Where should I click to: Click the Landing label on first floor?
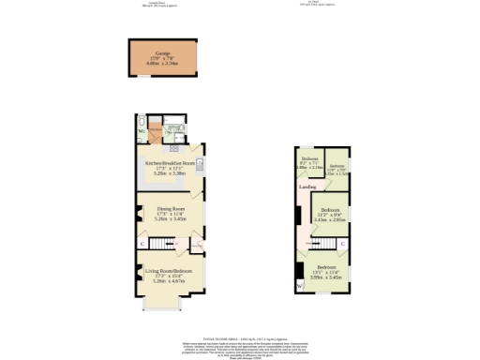click(307, 187)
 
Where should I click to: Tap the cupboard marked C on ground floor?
click(142, 243)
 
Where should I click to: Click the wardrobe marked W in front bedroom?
click(300, 282)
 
